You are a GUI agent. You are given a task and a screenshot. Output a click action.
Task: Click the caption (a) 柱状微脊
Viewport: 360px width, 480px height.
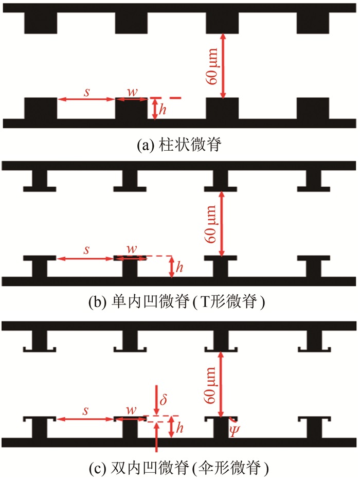pos(178,146)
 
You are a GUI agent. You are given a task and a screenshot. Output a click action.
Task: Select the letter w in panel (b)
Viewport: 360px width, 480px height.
pos(132,249)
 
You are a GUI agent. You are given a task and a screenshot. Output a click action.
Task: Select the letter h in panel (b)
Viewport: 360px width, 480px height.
pos(179,268)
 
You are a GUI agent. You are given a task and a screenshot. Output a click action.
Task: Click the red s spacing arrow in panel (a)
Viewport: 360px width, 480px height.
pos(85,99)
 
